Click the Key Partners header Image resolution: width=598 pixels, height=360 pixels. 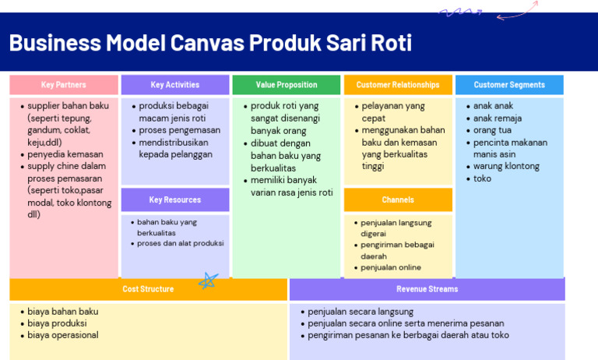pos(64,85)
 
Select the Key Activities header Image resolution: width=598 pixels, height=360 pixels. pos(175,85)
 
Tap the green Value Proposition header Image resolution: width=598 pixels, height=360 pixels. pos(286,85)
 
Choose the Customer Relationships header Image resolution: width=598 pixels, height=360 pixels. pos(398,85)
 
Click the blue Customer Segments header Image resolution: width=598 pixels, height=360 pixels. pos(509,85)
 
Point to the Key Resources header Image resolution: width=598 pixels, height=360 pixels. pos(175,200)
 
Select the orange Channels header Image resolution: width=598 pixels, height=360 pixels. pos(398,200)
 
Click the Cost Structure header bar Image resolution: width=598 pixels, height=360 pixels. pos(148,289)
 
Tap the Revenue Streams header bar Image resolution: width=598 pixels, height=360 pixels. pos(427,289)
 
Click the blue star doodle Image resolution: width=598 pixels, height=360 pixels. pos(208,281)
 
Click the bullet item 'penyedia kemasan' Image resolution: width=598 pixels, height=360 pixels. pos(65,154)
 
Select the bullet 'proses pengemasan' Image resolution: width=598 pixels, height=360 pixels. pos(179,130)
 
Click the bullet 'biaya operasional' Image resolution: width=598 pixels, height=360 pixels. pos(63,335)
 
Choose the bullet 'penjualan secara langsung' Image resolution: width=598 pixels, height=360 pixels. pos(358,311)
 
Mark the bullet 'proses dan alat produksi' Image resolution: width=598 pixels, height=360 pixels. pos(180,243)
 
